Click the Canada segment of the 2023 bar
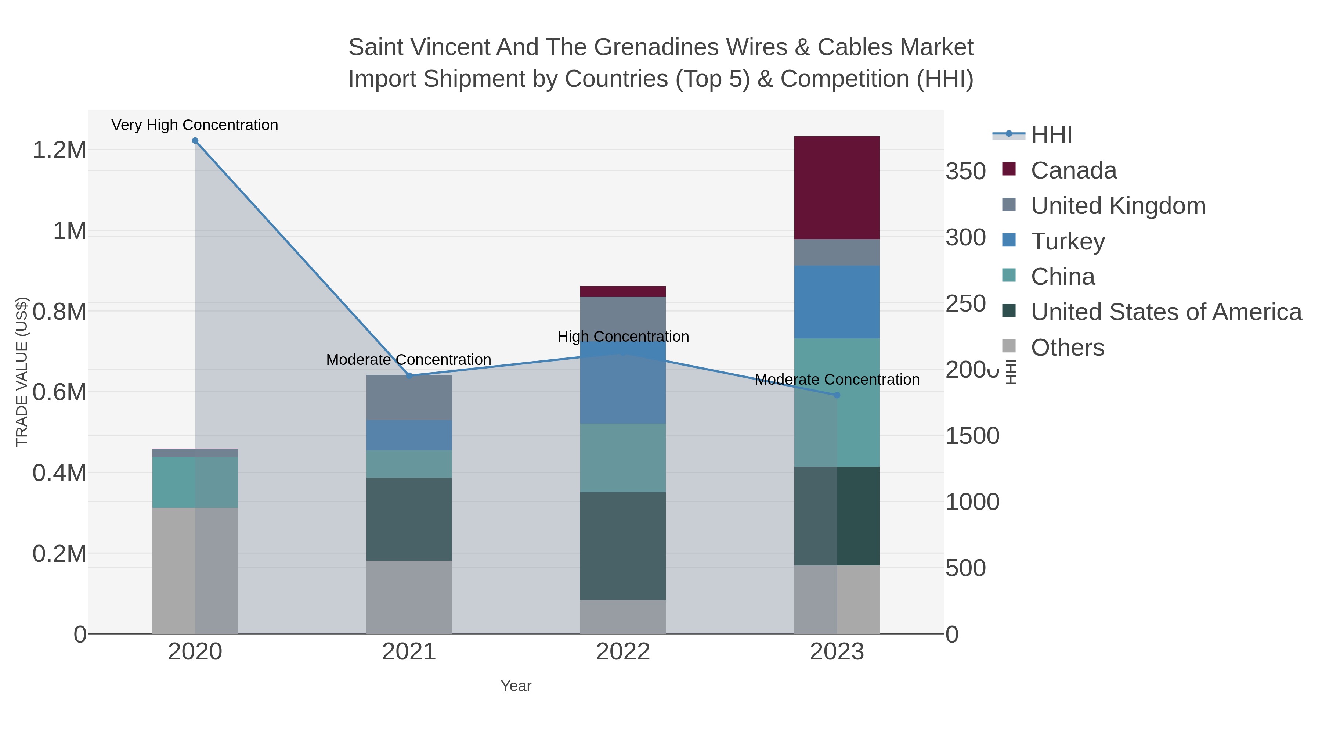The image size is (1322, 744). click(837, 187)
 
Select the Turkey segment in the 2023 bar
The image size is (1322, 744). click(837, 302)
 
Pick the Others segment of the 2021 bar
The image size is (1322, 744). click(409, 597)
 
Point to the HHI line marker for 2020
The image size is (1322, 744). click(195, 141)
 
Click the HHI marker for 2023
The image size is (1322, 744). click(837, 395)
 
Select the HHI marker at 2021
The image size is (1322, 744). click(409, 376)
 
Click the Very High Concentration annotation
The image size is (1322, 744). click(195, 125)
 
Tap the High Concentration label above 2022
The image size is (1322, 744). click(623, 337)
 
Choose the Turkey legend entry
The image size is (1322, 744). click(1068, 241)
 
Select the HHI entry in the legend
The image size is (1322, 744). click(1051, 135)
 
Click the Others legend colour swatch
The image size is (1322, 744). click(1009, 346)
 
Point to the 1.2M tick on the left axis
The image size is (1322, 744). click(59, 150)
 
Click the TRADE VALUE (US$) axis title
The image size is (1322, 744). click(22, 372)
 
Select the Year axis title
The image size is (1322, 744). click(516, 686)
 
